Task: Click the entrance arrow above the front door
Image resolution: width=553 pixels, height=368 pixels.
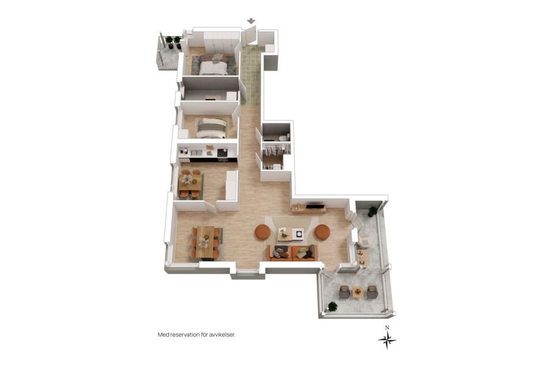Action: pos(251,21)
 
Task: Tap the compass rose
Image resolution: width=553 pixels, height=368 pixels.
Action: pos(387,340)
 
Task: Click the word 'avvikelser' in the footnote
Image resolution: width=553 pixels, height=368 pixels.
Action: pos(222,335)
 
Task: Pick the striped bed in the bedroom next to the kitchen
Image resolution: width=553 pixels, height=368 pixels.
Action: pos(211,128)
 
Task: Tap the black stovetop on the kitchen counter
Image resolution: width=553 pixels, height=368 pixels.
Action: pos(222,152)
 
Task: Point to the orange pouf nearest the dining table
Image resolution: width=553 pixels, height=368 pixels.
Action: pos(263,232)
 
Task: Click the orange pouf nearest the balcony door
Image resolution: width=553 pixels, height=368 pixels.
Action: pos(323,232)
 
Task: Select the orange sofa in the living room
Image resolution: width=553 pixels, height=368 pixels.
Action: pos(292,253)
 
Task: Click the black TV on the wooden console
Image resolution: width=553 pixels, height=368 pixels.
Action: pos(315,206)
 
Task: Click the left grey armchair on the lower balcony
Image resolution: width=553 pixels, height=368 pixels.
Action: pos(344,292)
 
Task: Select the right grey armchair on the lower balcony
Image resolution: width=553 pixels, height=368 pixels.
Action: pos(372,292)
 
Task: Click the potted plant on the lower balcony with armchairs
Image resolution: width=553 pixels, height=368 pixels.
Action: pos(332,306)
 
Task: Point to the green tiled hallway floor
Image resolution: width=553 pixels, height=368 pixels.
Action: pos(252,75)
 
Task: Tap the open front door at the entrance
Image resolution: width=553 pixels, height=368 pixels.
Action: pos(250,36)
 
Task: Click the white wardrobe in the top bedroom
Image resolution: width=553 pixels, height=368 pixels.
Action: pos(221,42)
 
